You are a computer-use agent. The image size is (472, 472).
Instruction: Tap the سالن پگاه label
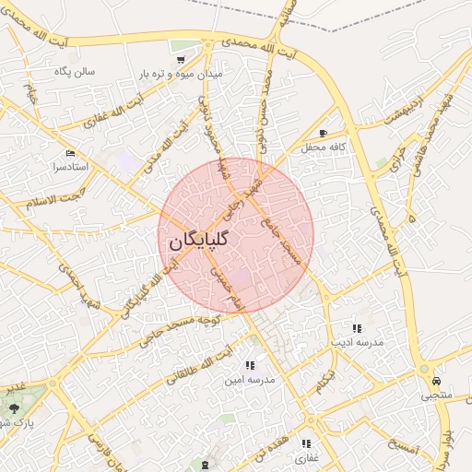click(77, 71)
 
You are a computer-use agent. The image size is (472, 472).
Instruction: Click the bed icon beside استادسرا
click(70, 153)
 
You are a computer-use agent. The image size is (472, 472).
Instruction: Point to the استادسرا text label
click(70, 167)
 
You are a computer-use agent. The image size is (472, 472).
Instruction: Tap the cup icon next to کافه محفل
click(323, 134)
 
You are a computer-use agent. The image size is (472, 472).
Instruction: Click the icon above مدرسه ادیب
click(356, 328)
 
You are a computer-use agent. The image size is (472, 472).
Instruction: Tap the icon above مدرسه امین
click(250, 365)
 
